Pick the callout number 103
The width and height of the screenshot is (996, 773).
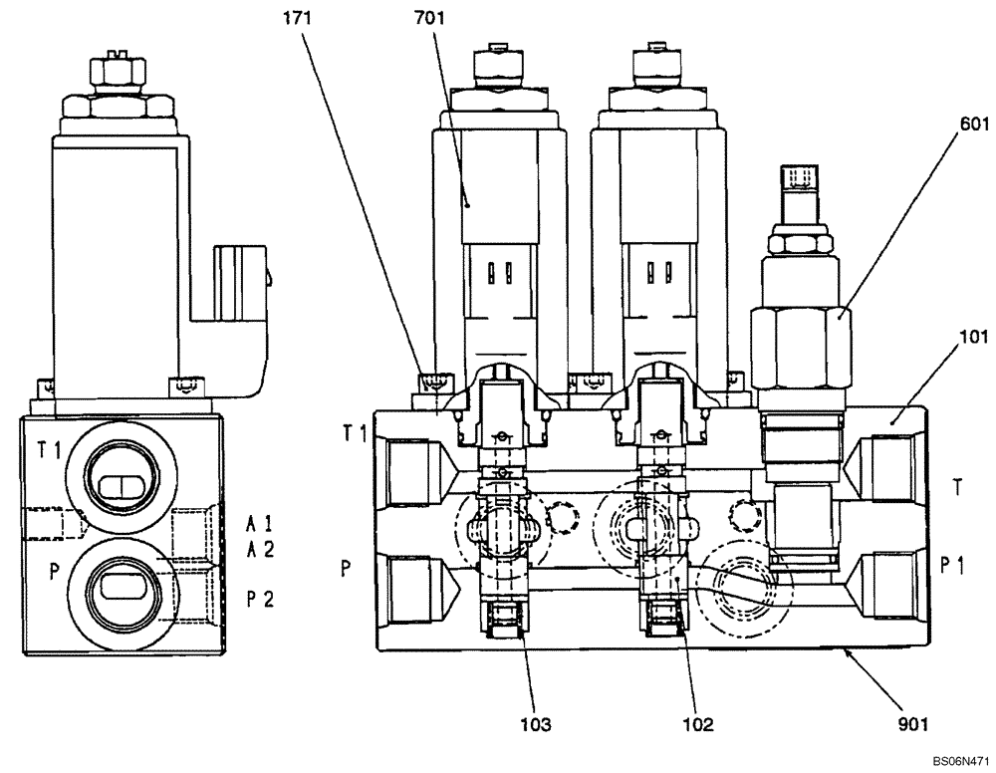535,723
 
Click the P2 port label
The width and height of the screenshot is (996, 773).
260,600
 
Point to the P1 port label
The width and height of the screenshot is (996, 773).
956,566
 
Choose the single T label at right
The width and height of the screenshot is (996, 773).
956,488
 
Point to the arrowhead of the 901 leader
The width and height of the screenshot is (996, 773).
846,650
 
